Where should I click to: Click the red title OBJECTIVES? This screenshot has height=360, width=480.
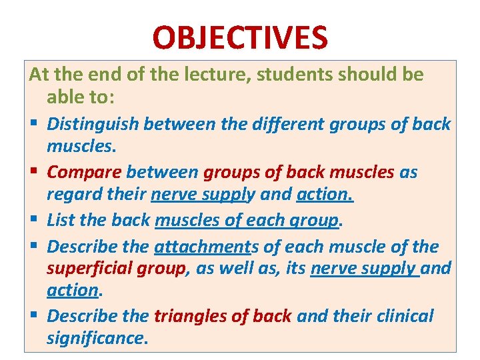(x=240, y=38)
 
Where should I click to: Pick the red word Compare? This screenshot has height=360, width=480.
(x=85, y=172)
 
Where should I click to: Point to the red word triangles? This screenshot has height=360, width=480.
(x=189, y=315)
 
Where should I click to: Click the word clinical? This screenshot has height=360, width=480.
(x=402, y=315)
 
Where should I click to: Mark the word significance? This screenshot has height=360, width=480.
(x=95, y=339)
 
